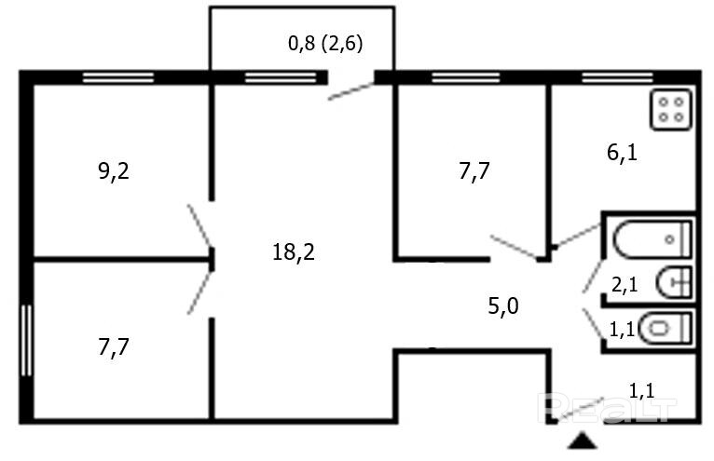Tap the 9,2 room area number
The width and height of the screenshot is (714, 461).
point(114,171)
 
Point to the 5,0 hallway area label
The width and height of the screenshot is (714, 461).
point(503,305)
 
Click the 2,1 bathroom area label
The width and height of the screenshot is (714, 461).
point(624,285)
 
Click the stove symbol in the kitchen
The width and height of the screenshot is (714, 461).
point(672,107)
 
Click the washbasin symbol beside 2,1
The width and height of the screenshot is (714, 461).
point(673,280)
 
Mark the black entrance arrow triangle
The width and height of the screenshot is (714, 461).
point(583,442)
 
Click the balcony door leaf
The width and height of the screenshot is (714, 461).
point(352,90)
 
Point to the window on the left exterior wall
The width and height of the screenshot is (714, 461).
point(26,339)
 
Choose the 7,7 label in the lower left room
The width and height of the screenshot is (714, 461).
point(114,348)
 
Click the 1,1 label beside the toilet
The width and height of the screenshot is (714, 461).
point(622,328)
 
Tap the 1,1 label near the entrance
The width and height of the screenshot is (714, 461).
point(640,390)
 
